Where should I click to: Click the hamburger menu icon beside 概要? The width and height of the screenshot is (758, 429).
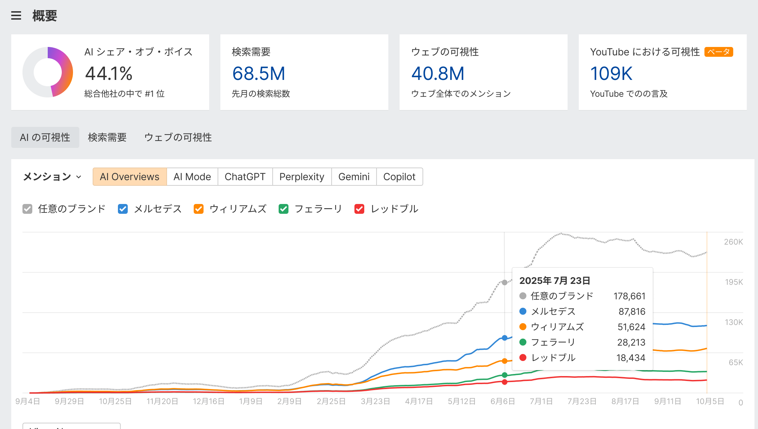click(x=16, y=16)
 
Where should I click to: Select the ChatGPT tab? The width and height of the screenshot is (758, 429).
click(x=245, y=177)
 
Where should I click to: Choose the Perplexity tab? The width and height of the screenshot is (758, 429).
click(x=302, y=177)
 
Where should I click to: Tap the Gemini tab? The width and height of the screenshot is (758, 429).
click(x=354, y=177)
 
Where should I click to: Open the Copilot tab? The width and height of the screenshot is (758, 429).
click(x=399, y=177)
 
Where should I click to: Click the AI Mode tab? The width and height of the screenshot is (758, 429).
click(x=192, y=177)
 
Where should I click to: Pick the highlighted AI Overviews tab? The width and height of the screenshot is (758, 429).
click(x=129, y=177)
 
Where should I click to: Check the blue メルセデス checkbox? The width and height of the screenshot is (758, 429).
click(x=123, y=209)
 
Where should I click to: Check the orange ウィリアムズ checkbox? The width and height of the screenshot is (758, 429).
click(x=199, y=209)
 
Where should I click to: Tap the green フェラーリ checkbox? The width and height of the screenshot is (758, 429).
click(x=284, y=209)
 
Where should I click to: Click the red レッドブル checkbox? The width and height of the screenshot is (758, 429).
click(x=359, y=209)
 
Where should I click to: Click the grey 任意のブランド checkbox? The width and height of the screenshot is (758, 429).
click(x=27, y=209)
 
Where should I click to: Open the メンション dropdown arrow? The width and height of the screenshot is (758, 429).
click(x=79, y=177)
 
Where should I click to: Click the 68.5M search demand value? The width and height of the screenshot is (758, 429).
click(x=259, y=74)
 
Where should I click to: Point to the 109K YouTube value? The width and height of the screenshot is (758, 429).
click(x=611, y=74)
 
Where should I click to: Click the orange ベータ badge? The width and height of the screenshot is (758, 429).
click(x=719, y=52)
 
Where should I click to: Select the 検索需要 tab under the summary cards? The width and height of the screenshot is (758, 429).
click(x=107, y=137)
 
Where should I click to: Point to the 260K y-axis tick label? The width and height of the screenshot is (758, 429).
click(x=733, y=242)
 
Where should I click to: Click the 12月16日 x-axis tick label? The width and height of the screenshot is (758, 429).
click(x=208, y=401)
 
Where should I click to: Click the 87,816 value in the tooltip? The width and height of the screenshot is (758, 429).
click(x=632, y=312)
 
